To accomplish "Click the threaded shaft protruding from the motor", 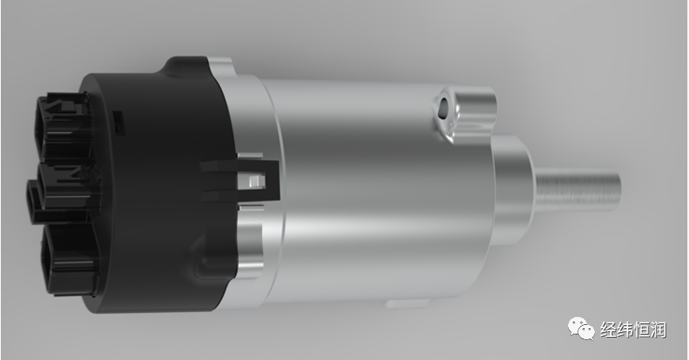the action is click(576, 190).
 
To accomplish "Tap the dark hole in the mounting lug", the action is click(444, 106).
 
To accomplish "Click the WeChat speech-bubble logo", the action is click(581, 328).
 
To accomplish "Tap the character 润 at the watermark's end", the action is click(658, 330).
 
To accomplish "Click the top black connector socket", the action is click(64, 127).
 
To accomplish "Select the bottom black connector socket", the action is click(69, 259).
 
